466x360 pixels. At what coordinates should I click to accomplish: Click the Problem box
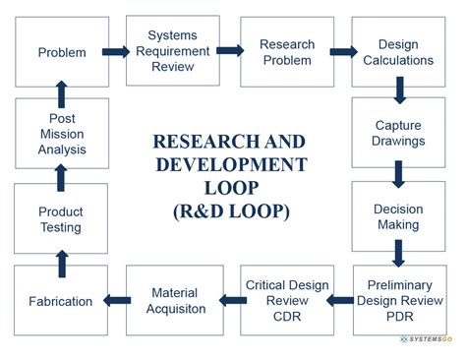coord(62,52)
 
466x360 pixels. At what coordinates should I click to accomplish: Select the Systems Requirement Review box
coord(173,52)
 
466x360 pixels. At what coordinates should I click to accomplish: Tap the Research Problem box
coord(286,52)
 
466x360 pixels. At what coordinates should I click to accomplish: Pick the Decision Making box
coord(399,217)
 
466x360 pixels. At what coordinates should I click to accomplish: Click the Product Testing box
coord(62,218)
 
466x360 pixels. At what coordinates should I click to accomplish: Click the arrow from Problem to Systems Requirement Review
coord(117,52)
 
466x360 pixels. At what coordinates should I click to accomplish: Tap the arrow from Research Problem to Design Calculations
coord(343,52)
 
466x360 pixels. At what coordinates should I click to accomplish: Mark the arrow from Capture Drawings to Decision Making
coord(399,175)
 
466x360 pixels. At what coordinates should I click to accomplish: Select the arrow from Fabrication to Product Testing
coord(62,261)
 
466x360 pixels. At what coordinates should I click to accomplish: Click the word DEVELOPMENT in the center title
coord(229,163)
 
